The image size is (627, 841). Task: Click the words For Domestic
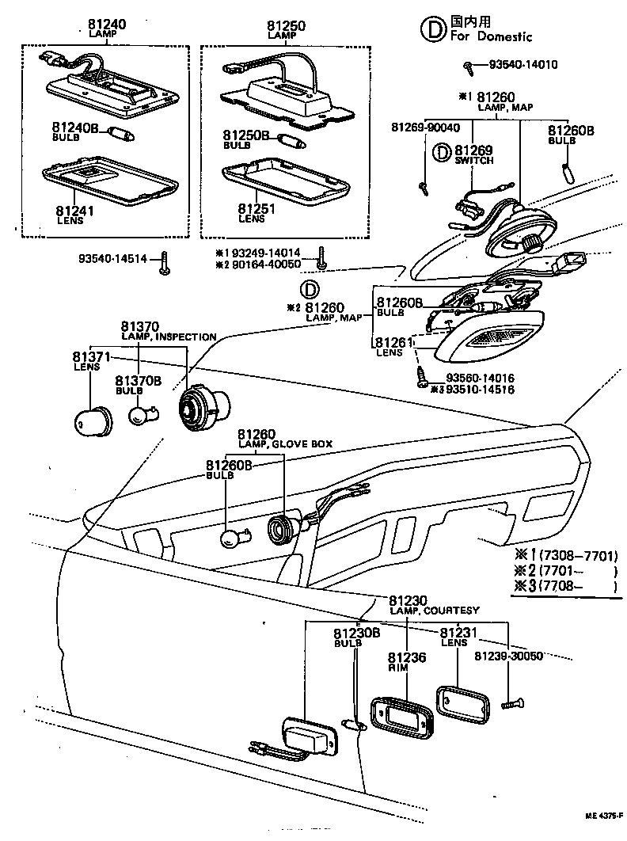pyautogui.click(x=491, y=36)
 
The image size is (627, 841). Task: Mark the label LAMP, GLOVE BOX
pyautogui.click(x=285, y=445)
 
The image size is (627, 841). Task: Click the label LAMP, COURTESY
pyautogui.click(x=434, y=611)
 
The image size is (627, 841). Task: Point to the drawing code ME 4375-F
pyautogui.click(x=604, y=815)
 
